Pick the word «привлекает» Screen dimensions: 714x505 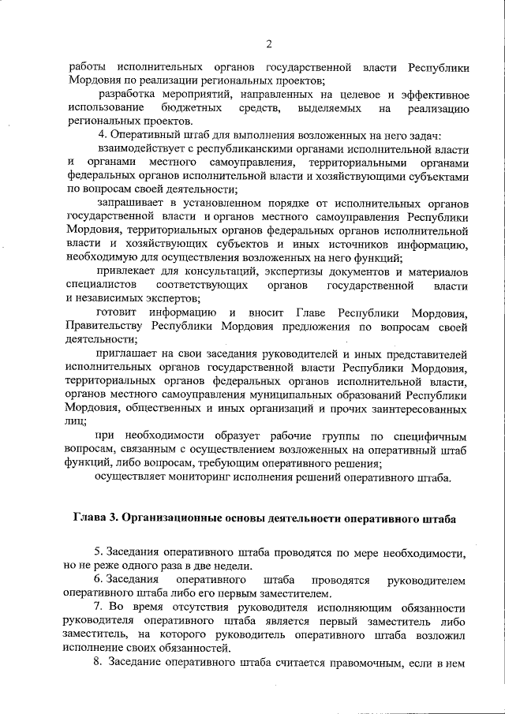pyautogui.click(x=128, y=271)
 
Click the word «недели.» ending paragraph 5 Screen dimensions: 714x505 pyautogui.click(x=233, y=566)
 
